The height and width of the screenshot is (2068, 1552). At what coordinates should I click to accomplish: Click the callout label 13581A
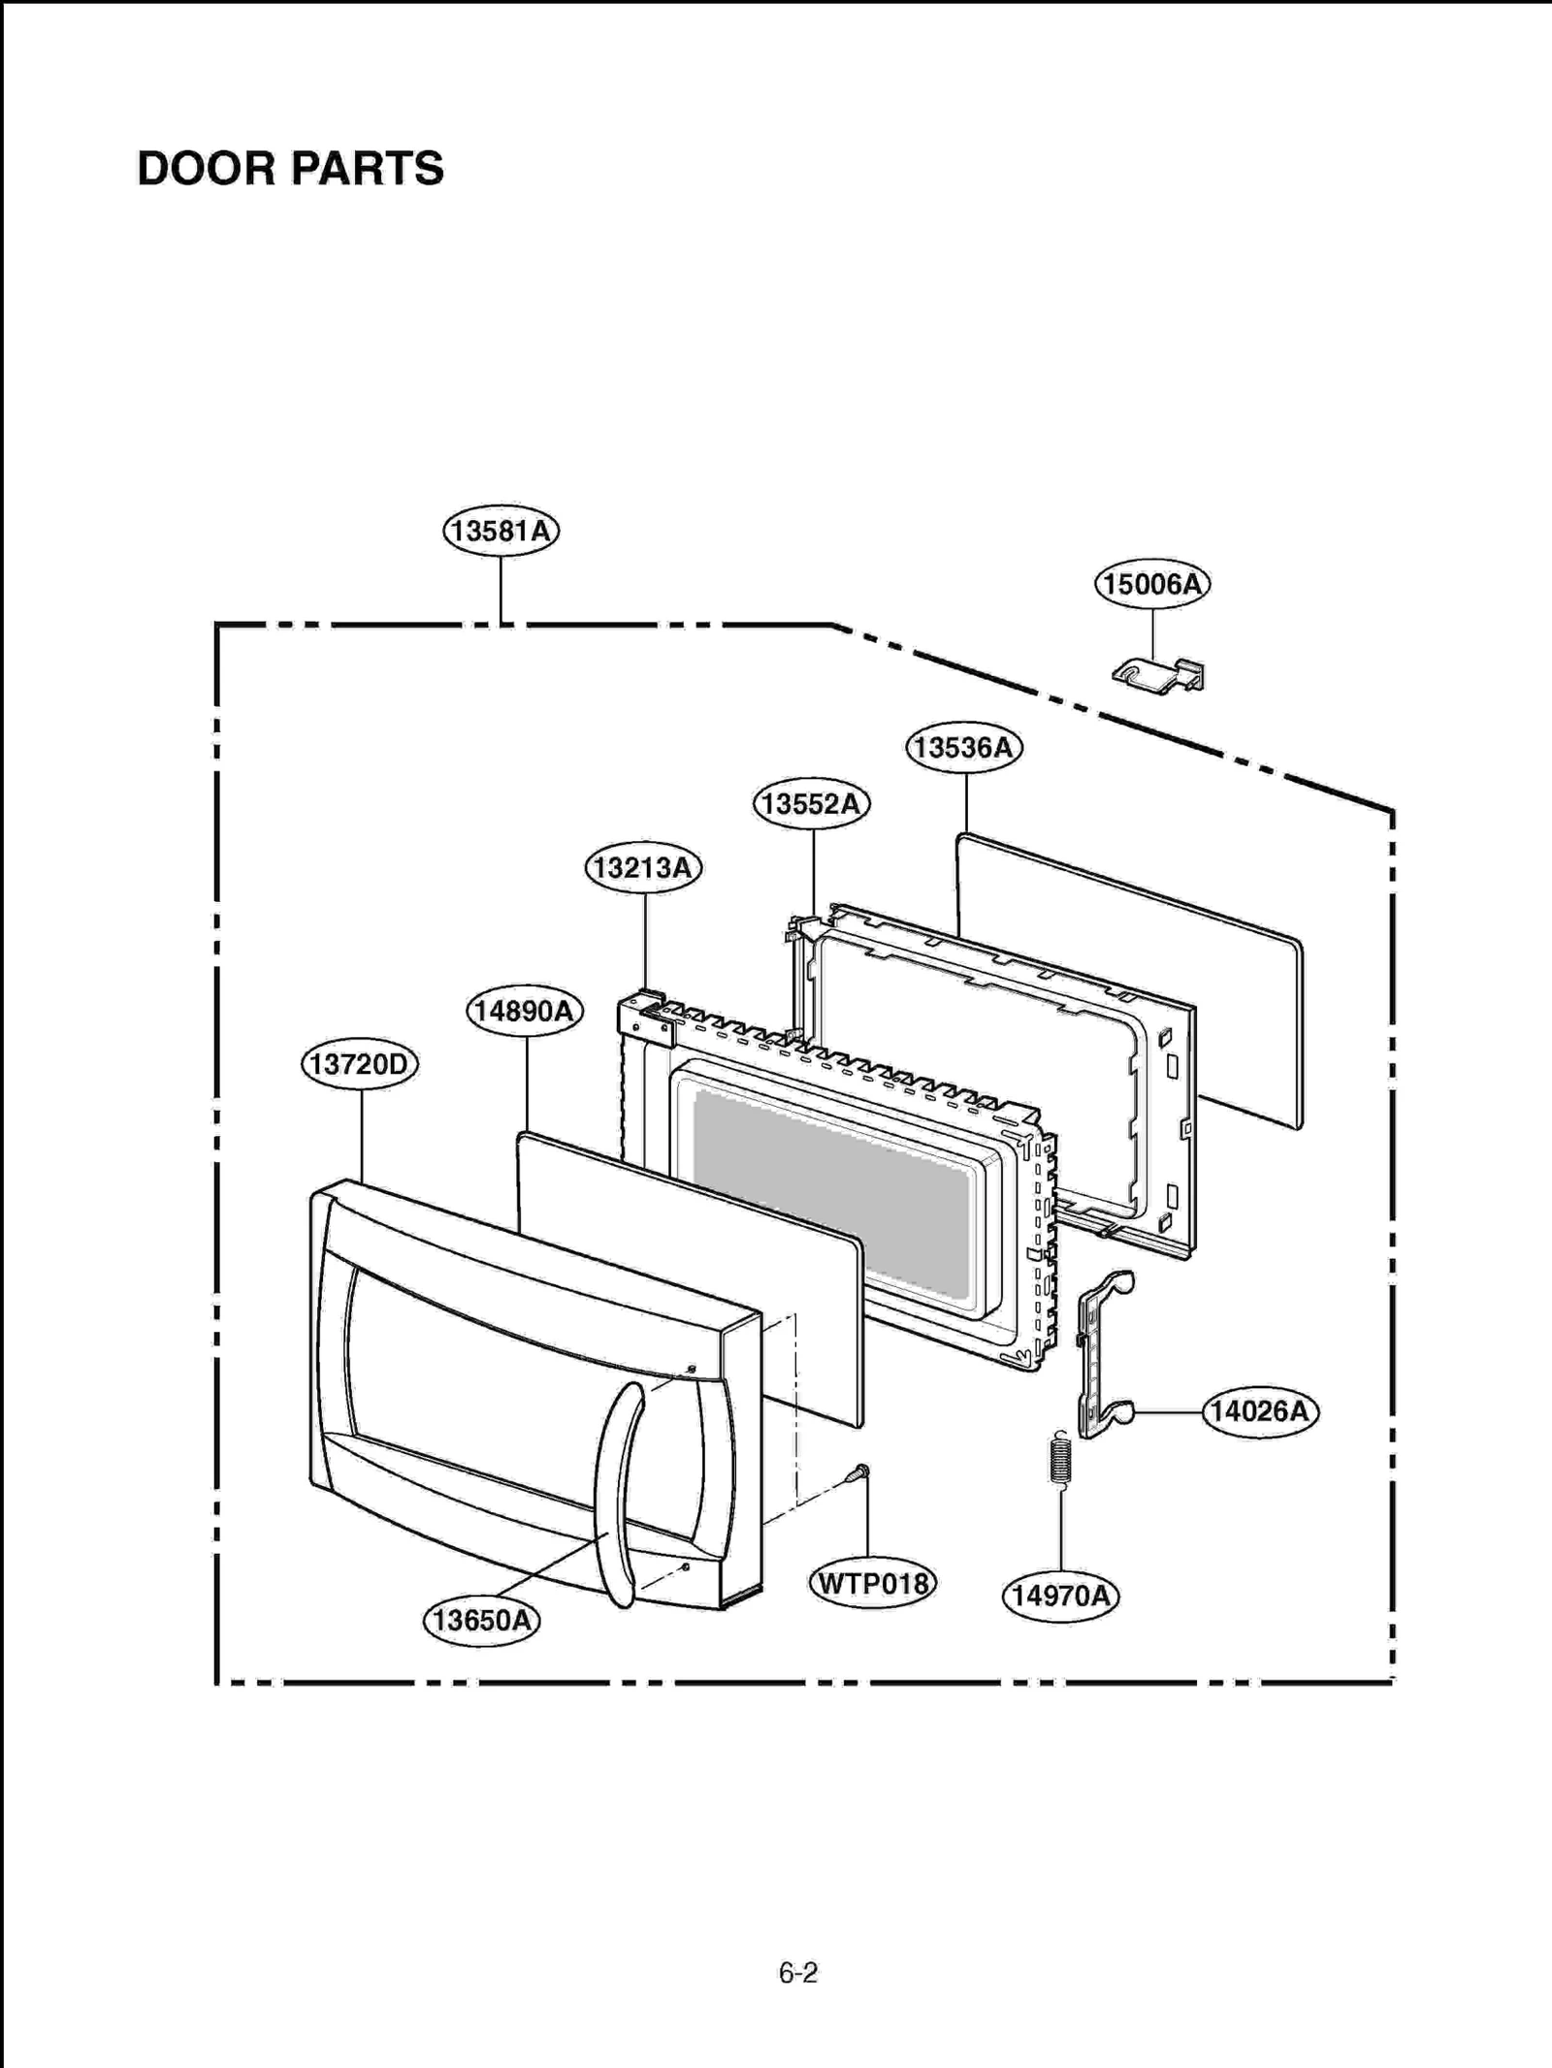coord(501,532)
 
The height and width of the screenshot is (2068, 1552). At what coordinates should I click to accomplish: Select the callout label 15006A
coord(1152,584)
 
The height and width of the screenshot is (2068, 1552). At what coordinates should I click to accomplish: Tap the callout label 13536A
coord(964,748)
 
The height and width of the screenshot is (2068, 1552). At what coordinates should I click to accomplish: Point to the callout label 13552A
coord(811,804)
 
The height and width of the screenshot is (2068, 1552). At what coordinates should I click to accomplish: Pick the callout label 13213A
coord(643,867)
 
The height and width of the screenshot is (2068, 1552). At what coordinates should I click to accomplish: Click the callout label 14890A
coord(525,1011)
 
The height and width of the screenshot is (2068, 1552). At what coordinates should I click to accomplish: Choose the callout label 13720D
coord(359,1064)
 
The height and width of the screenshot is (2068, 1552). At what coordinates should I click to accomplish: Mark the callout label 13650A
coord(482,1619)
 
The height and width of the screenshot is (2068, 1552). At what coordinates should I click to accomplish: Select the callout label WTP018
coord(872,1583)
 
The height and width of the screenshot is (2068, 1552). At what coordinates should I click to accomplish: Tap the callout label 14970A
coord(1060,1595)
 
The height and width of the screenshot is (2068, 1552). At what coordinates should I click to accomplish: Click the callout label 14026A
coord(1260,1411)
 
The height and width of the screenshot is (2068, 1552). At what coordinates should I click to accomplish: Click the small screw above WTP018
coord(857,1474)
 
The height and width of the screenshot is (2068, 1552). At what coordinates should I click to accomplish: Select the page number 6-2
coord(797,1972)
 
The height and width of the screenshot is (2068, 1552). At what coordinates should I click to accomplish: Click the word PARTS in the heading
coord(367,169)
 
